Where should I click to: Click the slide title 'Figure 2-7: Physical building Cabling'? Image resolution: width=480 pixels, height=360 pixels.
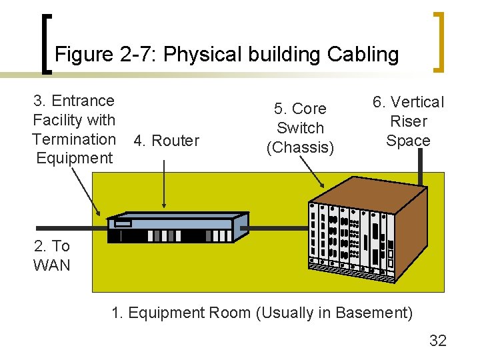pos(227,54)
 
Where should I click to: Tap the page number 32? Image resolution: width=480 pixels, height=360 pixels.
pos(437,341)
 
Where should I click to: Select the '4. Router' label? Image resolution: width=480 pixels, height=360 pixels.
pos(166,141)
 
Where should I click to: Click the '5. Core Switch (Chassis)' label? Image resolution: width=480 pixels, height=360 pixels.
pos(300,127)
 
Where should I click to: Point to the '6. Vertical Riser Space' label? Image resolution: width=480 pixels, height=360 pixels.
pos(408,121)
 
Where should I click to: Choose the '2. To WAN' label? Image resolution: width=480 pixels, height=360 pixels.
pos(51,255)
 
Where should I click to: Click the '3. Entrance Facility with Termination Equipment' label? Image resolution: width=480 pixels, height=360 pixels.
pos(74,129)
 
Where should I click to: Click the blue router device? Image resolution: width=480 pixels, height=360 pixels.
pos(177,227)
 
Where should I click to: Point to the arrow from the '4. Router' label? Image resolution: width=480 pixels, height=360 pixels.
pos(165,180)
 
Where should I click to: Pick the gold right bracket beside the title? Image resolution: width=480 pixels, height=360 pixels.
pos(439,41)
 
